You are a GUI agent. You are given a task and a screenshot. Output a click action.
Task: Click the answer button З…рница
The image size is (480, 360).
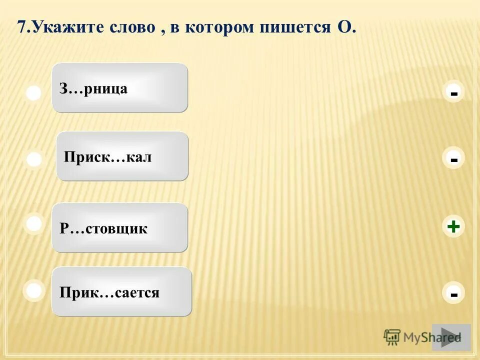(119, 87)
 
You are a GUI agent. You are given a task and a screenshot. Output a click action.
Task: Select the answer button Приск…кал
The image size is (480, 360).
(122, 156)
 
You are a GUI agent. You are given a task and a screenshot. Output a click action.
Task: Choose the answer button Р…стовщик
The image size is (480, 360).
(119, 227)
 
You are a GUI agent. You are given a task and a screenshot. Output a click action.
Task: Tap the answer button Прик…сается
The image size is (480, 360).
(121, 291)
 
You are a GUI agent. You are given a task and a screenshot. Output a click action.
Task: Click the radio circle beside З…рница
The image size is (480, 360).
(33, 93)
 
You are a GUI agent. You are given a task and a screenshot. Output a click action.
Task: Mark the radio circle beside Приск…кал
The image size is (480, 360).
(34, 160)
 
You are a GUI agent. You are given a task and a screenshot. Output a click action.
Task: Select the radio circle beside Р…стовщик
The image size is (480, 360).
(34, 224)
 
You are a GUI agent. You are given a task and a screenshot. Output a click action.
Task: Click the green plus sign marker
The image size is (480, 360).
(453, 227)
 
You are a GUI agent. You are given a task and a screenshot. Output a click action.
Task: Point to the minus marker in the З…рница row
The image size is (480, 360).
(453, 93)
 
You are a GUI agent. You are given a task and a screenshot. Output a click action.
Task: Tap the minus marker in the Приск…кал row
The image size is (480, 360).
(453, 159)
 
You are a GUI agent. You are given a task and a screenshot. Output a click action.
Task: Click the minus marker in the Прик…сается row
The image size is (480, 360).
(453, 294)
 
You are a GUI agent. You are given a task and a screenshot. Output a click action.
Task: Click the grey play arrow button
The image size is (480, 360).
(451, 337)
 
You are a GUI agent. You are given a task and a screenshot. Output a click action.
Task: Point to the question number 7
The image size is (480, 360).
(21, 27)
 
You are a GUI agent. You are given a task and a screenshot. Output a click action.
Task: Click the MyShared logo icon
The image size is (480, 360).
(392, 337)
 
